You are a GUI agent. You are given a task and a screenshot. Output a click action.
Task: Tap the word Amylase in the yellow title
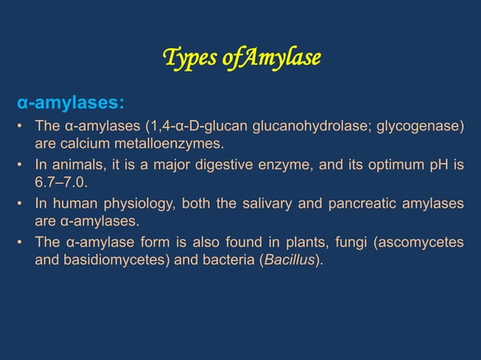coord(283,57)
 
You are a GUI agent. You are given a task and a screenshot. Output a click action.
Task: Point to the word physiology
coord(152,203)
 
